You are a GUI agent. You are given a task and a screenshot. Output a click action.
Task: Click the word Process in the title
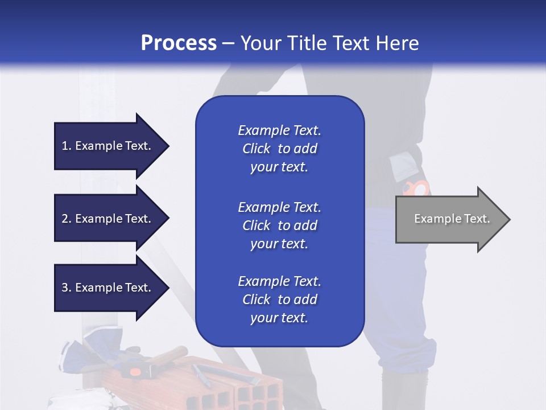179,43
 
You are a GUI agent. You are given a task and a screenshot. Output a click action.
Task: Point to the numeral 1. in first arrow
67,146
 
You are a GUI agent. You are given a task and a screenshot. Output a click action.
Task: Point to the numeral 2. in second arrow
67,219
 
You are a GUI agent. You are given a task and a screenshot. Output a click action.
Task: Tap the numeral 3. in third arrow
67,288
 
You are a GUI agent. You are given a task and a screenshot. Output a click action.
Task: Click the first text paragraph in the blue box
279,149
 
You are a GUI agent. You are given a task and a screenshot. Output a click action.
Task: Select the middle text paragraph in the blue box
279,225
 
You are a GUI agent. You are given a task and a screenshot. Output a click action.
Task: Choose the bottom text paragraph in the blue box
279,300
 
